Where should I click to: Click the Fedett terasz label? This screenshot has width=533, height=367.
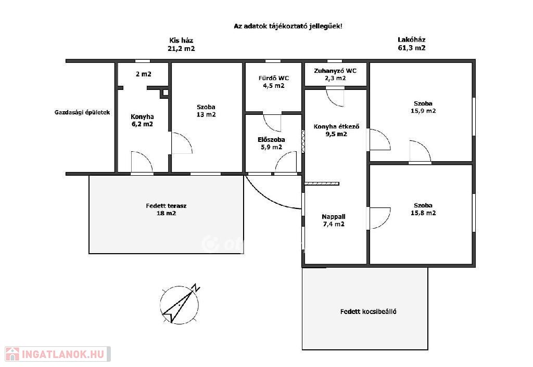[x=166, y=206]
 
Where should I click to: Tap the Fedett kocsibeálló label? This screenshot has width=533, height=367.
[x=368, y=311]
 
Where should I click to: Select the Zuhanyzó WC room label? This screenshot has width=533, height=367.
[x=335, y=71]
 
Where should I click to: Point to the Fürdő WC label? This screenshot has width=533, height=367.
[x=274, y=78]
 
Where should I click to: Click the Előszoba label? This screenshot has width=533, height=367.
[x=271, y=139]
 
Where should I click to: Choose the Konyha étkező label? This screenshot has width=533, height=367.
[x=336, y=127]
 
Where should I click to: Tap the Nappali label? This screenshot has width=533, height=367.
[x=334, y=217]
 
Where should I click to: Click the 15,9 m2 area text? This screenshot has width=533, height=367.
[x=423, y=111]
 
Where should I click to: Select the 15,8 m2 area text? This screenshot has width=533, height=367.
[x=423, y=213]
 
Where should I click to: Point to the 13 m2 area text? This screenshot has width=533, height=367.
[x=206, y=115]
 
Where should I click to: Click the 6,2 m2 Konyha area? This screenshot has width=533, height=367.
[x=143, y=124]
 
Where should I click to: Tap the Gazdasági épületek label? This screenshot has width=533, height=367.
[x=82, y=112]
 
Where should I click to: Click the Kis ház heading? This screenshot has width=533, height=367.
[x=181, y=41]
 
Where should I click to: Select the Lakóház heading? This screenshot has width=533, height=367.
[x=411, y=40]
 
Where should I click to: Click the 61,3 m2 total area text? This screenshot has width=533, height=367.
[x=412, y=48]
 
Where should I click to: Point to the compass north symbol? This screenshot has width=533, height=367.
[x=196, y=288]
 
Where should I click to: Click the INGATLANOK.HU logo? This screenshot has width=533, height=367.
[x=58, y=354]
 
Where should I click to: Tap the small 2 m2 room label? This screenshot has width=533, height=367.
[x=144, y=74]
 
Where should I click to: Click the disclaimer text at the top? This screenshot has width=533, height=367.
[x=288, y=26]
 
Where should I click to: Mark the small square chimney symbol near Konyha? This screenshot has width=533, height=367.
[x=165, y=93]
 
